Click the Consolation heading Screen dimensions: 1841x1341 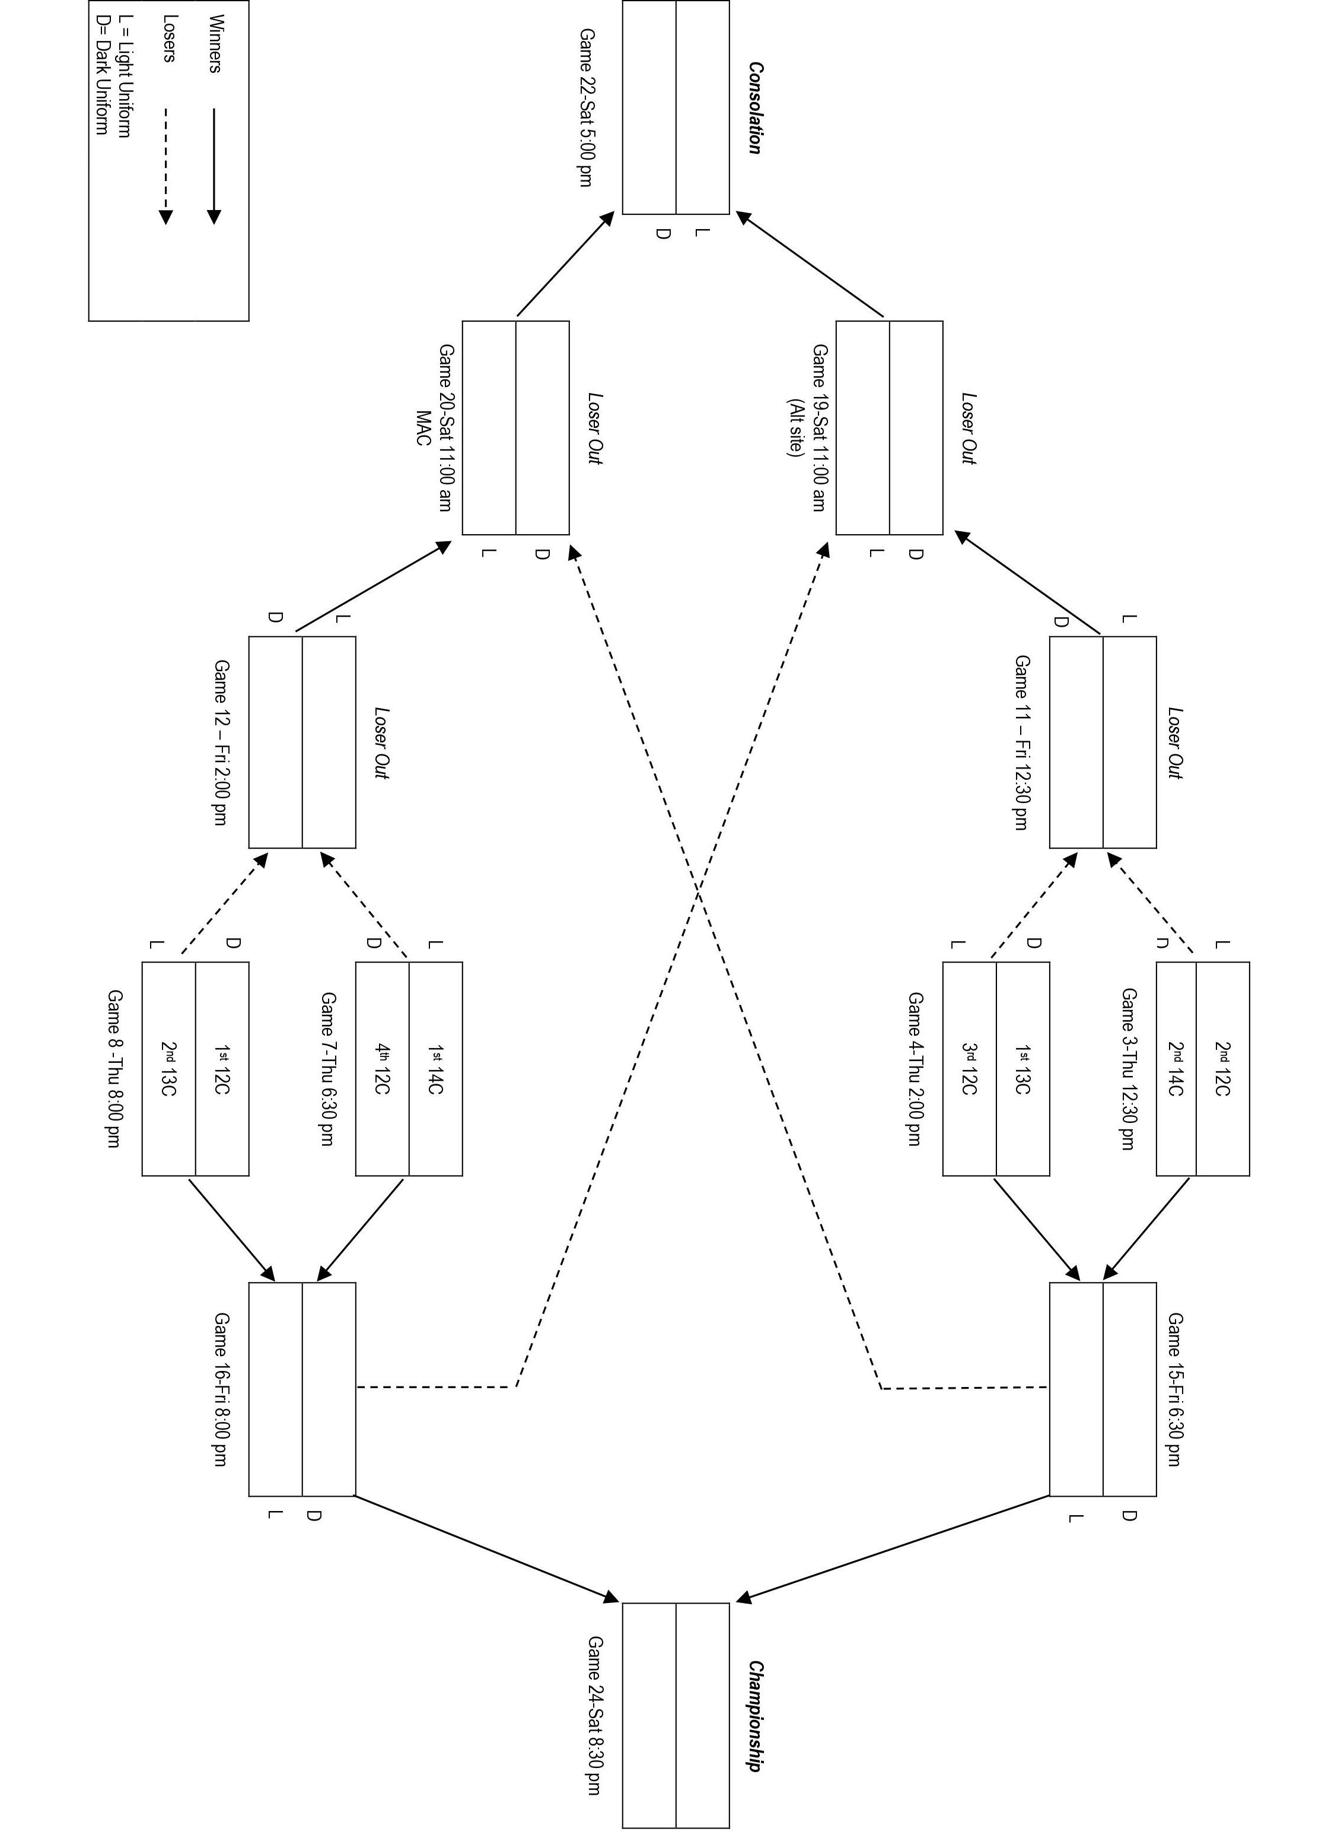pyautogui.click(x=755, y=108)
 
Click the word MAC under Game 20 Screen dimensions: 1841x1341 pyautogui.click(x=423, y=428)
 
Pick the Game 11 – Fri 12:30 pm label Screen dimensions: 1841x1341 pyautogui.click(x=1022, y=742)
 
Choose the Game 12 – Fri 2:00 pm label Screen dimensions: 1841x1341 pyautogui.click(x=221, y=742)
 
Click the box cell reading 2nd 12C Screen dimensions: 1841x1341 pyautogui.click(x=1222, y=1069)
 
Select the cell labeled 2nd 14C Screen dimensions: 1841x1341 pyautogui.click(x=1176, y=1069)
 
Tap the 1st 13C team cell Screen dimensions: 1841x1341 pyautogui.click(x=1023, y=1069)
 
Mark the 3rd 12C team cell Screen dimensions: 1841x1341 pyautogui.click(x=969, y=1069)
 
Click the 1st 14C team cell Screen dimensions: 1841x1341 pyautogui.click(x=435, y=1069)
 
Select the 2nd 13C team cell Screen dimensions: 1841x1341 pyautogui.click(x=169, y=1069)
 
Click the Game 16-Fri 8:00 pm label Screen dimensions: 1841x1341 pyautogui.click(x=221, y=1389)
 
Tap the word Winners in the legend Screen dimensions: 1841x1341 pyautogui.click(x=215, y=44)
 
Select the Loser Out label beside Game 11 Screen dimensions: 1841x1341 pyautogui.click(x=1174, y=742)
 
